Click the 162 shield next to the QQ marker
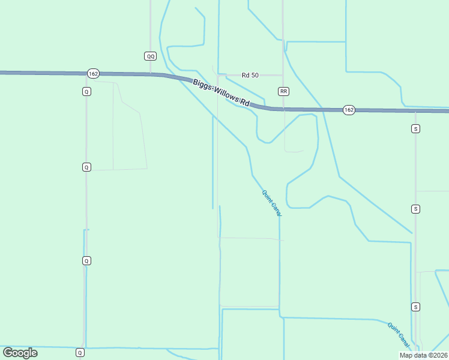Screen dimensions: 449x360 point(92,73)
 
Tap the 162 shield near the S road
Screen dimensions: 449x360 point(349,110)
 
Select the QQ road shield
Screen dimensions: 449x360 point(150,56)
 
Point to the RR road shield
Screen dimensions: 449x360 point(284,91)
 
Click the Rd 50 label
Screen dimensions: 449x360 point(250,75)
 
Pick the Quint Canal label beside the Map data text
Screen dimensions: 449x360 point(399,335)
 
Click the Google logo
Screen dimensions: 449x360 point(20,353)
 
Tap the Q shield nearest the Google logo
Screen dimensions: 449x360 point(80,352)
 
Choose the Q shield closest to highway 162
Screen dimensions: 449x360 point(86,91)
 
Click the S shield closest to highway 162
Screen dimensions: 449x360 point(415,128)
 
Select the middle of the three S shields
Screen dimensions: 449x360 point(415,209)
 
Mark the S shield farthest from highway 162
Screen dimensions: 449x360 point(415,307)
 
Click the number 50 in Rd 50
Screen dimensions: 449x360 point(255,75)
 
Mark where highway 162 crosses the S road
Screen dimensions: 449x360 point(415,110)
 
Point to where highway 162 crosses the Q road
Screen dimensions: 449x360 point(86,73)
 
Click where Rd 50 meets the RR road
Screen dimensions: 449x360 point(283,75)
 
